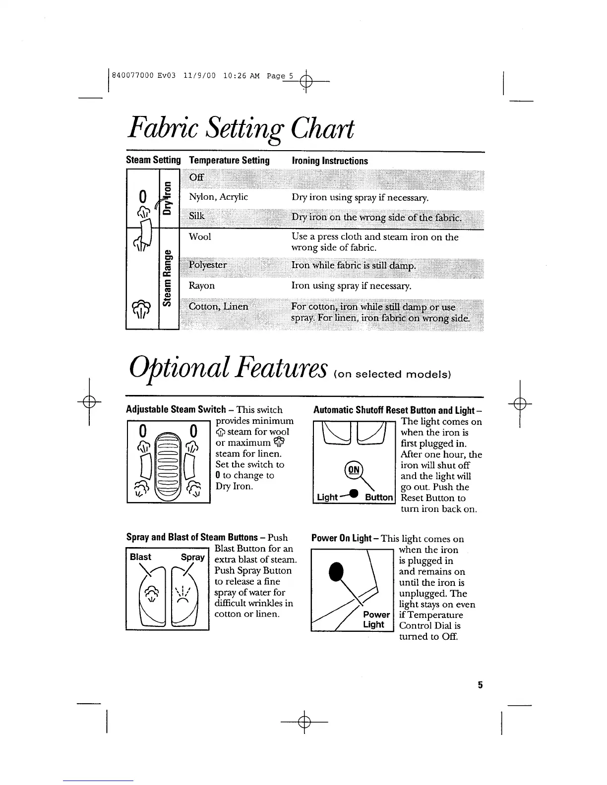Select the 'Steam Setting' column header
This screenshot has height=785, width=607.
[x=153, y=160]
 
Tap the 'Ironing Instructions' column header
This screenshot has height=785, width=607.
[x=330, y=161]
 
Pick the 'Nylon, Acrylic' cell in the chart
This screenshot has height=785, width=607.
[x=218, y=197]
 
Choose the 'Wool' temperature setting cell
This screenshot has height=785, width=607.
[x=200, y=237]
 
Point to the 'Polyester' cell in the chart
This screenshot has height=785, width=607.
[x=208, y=265]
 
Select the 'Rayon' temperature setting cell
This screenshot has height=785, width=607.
[x=202, y=286]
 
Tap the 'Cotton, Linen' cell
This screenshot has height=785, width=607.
[x=218, y=306]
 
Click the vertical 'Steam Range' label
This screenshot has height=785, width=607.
[x=169, y=279]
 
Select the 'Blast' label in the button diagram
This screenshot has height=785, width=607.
[x=140, y=557]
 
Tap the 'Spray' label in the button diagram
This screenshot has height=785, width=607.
[x=192, y=557]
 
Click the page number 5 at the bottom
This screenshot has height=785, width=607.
[x=480, y=685]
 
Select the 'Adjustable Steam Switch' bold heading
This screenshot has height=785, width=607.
[x=176, y=410]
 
